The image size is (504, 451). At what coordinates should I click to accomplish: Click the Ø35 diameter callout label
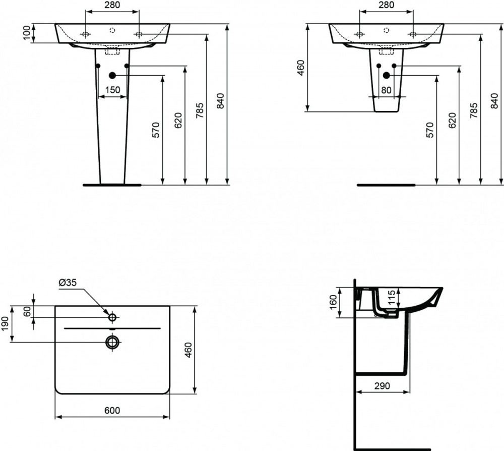68,283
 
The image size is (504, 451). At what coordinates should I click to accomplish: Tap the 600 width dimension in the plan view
112,410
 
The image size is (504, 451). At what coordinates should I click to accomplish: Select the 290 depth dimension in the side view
382,385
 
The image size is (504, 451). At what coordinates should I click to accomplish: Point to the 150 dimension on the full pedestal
112,90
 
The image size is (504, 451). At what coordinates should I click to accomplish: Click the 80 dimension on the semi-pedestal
386,90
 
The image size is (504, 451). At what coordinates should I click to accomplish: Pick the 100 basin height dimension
27,33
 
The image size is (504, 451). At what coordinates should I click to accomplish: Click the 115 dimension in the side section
391,298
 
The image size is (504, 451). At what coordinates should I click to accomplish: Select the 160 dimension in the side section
333,302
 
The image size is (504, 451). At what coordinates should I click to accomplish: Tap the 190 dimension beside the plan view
5,324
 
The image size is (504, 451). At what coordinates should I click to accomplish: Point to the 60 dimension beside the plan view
27,311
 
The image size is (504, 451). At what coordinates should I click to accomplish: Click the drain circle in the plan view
112,342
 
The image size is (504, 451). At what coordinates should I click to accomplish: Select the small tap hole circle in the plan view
112,317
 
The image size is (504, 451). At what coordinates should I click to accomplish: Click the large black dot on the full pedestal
112,75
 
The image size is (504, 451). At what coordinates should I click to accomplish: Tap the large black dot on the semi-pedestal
387,75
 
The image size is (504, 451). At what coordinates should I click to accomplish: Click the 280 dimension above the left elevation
112,5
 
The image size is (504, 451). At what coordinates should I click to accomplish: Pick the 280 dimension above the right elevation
387,5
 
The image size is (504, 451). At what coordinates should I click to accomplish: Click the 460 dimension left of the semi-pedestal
301,68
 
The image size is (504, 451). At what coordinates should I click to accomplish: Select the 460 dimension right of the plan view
188,350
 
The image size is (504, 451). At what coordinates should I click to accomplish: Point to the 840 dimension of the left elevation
220,101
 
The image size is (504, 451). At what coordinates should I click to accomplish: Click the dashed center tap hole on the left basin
112,30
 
